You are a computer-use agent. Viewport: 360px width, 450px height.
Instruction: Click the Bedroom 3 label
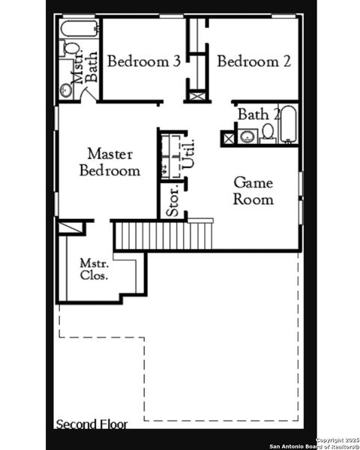click(x=143, y=61)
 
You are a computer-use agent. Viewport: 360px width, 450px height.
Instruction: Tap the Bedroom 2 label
click(x=253, y=61)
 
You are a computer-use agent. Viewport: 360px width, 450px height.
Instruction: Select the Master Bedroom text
click(x=109, y=163)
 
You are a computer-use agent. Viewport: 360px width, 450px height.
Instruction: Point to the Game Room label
click(x=253, y=190)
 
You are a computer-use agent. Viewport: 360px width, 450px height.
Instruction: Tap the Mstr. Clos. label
click(x=94, y=269)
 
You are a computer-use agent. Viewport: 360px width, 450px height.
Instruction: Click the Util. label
click(x=189, y=154)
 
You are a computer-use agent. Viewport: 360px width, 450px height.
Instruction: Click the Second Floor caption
click(x=91, y=424)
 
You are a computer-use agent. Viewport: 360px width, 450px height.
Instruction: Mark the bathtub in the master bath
click(x=79, y=30)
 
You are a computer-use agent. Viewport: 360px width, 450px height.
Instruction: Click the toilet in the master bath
click(x=70, y=49)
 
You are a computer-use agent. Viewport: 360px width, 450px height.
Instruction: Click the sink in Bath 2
click(x=246, y=136)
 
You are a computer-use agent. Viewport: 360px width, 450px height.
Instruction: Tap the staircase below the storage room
click(x=163, y=235)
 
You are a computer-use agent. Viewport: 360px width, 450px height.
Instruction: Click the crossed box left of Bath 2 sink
click(x=227, y=138)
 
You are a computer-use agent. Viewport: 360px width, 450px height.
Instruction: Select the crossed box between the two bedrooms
click(x=196, y=96)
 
